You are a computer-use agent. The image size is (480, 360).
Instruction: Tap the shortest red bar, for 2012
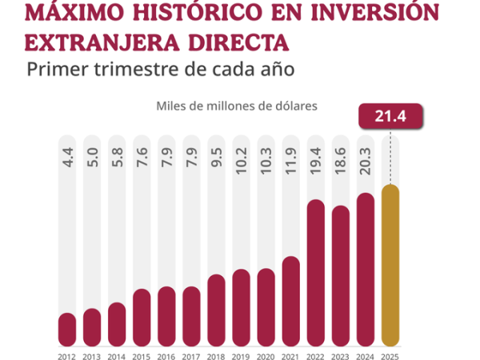(67, 328)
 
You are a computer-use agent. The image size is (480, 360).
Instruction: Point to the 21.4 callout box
(390, 117)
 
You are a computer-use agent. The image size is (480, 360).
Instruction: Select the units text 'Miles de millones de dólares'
(237, 105)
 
